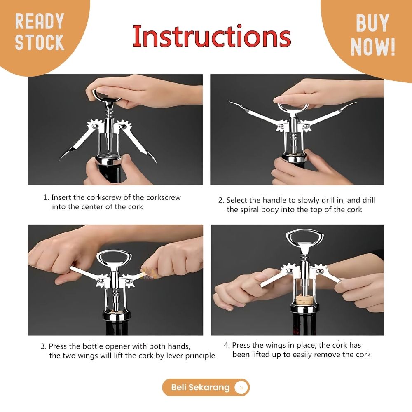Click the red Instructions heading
(212, 36)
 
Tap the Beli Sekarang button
(206, 387)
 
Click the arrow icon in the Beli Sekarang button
(241, 387)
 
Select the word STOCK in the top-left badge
(40, 42)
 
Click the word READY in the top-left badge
(40, 21)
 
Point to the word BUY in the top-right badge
(372, 23)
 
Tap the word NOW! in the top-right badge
(373, 47)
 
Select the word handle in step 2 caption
(274, 200)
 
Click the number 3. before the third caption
(44, 346)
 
